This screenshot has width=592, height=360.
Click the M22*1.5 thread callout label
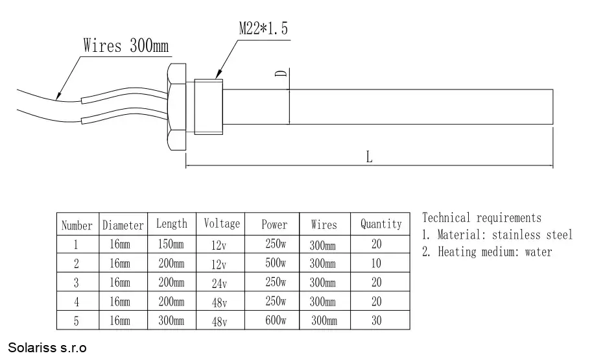tap(263, 29)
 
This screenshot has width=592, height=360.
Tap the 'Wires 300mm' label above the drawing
tap(126, 45)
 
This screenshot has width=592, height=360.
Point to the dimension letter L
tap(369, 156)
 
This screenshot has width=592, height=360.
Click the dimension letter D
tap(281, 73)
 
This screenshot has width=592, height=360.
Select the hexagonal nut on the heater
tap(177, 107)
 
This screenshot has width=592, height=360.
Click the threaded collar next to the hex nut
tap(208, 107)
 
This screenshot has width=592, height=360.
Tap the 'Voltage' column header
tap(222, 223)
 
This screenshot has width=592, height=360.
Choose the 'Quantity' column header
tap(381, 224)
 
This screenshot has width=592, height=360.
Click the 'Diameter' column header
tap(123, 225)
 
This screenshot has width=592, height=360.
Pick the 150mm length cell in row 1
tap(171, 244)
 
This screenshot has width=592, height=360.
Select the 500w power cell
tap(276, 263)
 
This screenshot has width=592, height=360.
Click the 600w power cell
tap(276, 320)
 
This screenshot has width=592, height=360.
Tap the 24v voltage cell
tap(219, 283)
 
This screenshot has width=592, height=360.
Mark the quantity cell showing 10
tap(377, 263)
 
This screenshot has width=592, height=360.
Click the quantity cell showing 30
tap(377, 320)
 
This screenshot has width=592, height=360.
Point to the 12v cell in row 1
tap(219, 245)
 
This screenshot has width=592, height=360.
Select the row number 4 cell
tap(77, 302)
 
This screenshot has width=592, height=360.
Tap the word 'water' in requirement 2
tap(538, 252)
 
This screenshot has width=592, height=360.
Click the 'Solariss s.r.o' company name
tap(47, 348)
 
